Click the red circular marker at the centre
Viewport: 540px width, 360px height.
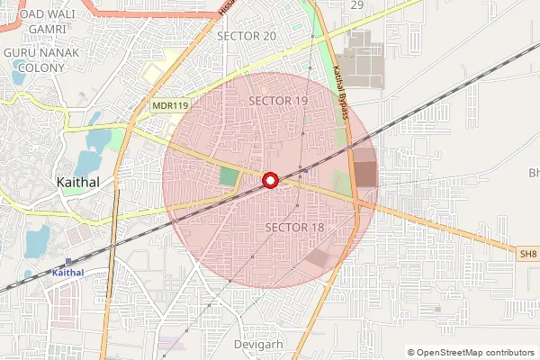(x=270, y=181)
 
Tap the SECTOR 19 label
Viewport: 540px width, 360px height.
(x=278, y=101)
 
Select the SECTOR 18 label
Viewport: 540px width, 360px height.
(x=294, y=228)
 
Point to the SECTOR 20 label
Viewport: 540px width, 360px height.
(x=247, y=35)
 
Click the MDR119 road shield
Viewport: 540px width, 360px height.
(x=168, y=106)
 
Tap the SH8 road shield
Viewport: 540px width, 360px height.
(x=527, y=255)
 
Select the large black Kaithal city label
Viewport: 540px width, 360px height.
(x=77, y=182)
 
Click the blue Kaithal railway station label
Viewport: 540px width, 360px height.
(x=67, y=272)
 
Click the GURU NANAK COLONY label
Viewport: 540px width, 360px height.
(x=40, y=60)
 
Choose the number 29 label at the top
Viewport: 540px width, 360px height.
(x=357, y=5)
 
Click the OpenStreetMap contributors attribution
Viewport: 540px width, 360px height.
(x=470, y=353)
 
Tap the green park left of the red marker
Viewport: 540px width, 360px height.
(x=229, y=176)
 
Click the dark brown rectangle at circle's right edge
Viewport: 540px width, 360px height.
(x=365, y=174)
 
